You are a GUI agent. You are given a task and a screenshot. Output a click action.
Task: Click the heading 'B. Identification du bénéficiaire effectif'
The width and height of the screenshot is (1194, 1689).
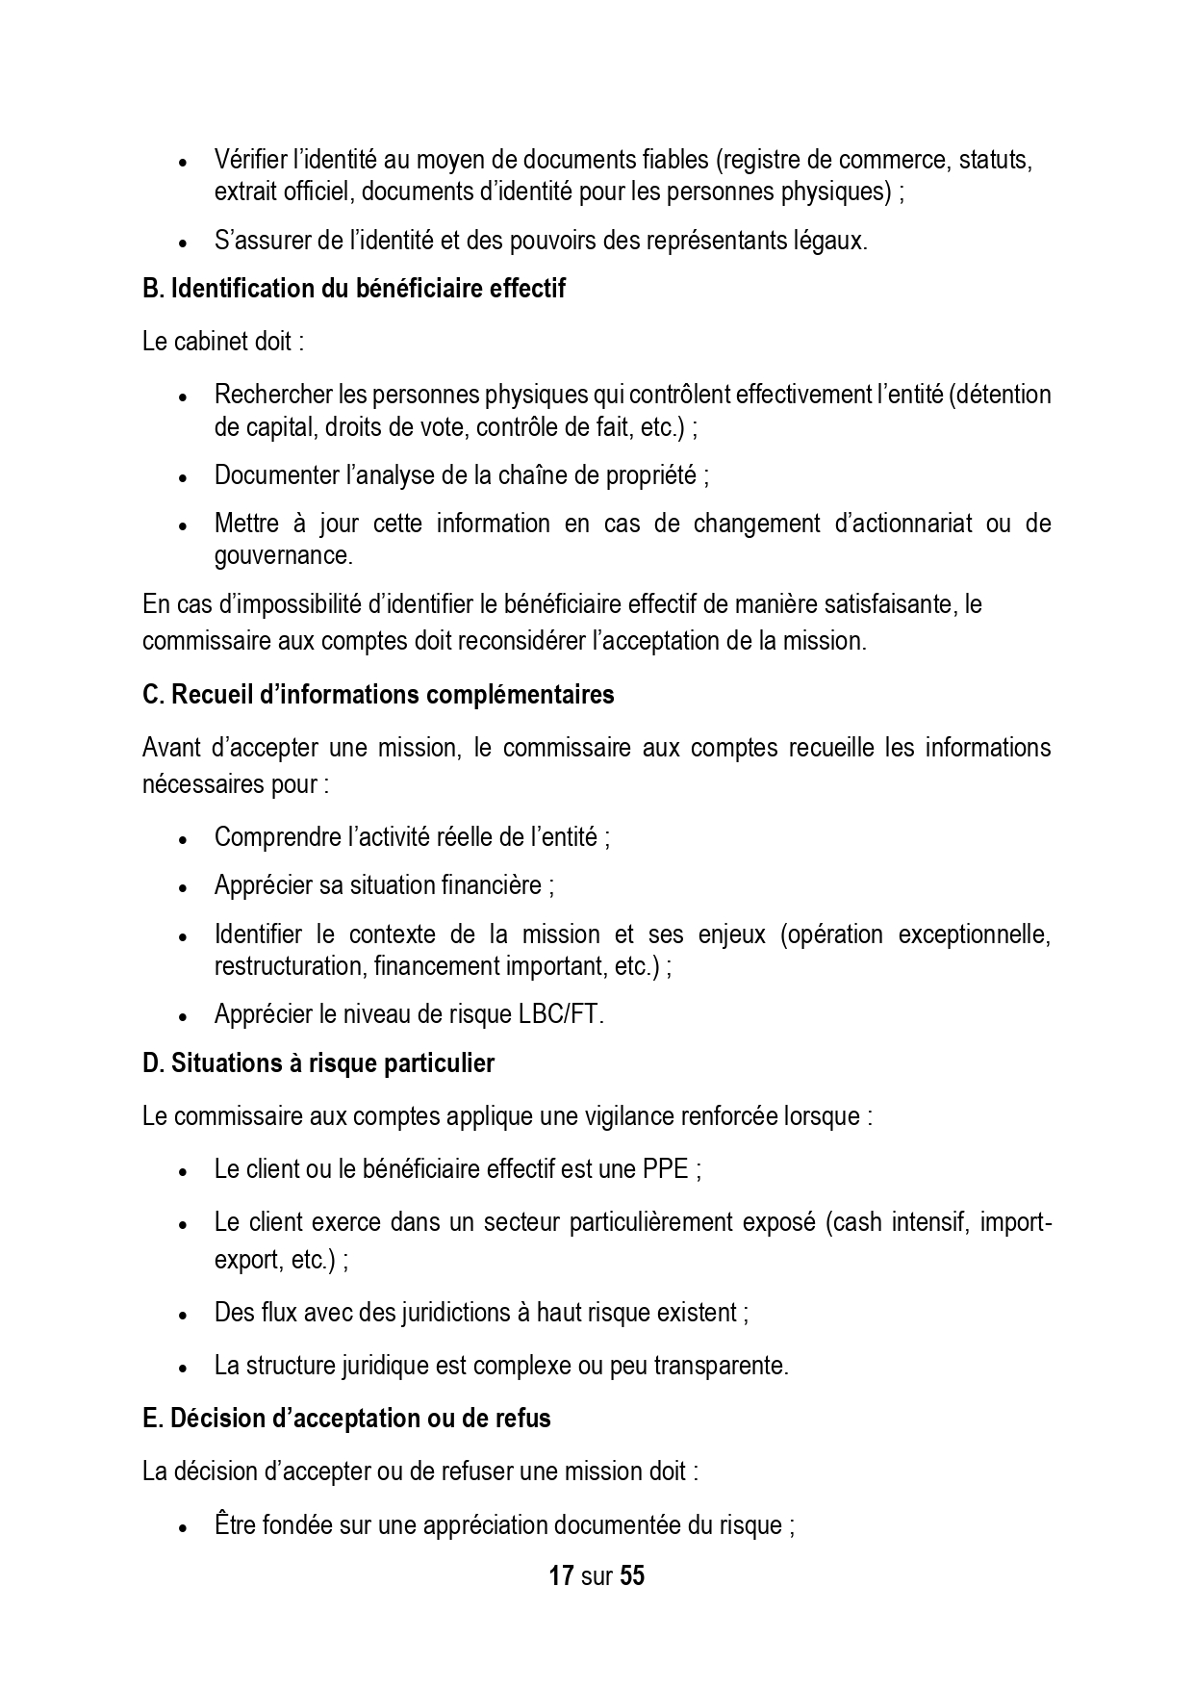(353, 289)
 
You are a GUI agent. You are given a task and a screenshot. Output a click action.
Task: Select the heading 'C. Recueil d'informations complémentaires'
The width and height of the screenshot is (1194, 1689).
(377, 695)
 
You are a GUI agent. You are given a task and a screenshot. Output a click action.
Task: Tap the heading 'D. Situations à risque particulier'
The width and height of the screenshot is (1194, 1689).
(318, 1063)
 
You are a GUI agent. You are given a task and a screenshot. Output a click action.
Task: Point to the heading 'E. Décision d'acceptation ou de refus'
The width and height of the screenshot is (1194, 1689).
(346, 1419)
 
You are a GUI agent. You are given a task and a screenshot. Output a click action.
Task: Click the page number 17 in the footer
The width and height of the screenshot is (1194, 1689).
(561, 1576)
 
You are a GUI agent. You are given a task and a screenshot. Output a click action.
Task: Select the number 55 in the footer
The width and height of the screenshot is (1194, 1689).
(632, 1576)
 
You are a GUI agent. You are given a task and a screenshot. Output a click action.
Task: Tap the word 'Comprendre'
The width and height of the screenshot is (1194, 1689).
(270, 837)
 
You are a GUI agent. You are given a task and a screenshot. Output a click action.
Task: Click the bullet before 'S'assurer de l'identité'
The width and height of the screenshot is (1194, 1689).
(183, 243)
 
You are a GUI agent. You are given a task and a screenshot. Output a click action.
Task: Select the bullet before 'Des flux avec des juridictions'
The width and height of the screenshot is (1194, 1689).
(183, 1315)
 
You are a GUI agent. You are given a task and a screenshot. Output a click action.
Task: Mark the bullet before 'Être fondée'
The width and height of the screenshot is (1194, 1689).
(183, 1527)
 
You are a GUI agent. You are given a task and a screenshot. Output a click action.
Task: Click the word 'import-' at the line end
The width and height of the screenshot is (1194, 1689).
(1021, 1223)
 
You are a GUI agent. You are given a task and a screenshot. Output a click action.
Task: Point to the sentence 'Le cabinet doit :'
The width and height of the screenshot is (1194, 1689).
(222, 342)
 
